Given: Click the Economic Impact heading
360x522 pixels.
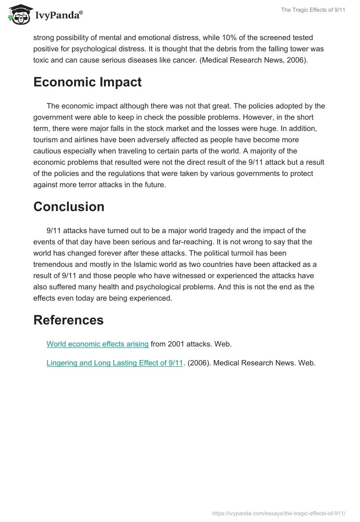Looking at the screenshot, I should click(x=87, y=82).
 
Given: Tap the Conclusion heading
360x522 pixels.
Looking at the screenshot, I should click(x=69, y=207).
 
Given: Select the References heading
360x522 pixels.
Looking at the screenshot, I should click(x=68, y=320).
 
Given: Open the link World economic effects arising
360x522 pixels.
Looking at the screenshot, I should click(x=98, y=344).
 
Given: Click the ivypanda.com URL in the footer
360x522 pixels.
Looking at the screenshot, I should click(x=278, y=513).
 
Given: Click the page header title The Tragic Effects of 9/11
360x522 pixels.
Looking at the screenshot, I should click(x=313, y=10).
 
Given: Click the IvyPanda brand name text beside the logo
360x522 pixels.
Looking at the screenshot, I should click(x=58, y=15).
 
